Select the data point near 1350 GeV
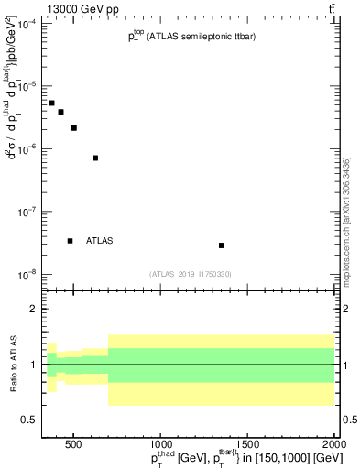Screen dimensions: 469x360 point(222,245)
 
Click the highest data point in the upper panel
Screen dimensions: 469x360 point(52,104)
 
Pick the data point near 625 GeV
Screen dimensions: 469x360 point(95,158)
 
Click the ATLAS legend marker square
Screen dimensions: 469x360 point(70,241)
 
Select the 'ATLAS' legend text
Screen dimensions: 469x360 point(100,241)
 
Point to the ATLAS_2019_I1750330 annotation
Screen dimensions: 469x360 point(191,273)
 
